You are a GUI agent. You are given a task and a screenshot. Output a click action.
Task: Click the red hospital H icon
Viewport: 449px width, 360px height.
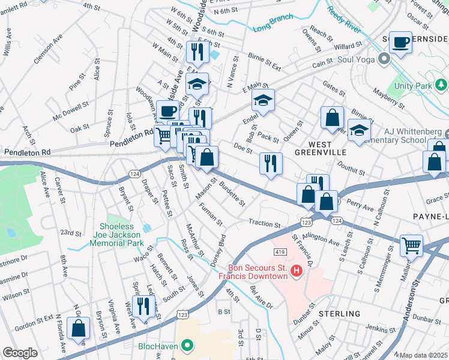[296, 272]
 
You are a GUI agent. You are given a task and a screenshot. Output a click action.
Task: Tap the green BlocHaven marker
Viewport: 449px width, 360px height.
[187, 346]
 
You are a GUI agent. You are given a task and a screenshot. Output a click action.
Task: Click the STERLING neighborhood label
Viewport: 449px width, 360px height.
[339, 314]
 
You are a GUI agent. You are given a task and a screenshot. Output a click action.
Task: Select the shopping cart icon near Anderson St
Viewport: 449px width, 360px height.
[411, 245]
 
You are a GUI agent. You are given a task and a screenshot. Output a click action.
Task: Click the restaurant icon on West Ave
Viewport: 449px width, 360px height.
[143, 306]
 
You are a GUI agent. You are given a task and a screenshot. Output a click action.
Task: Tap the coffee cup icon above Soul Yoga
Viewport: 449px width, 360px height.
[400, 42]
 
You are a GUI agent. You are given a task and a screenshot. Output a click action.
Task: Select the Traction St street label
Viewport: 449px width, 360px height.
[265, 224]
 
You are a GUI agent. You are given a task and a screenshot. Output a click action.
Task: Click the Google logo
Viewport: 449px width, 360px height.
[20, 353]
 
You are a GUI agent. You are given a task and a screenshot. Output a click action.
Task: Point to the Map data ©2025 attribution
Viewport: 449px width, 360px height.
[424, 355]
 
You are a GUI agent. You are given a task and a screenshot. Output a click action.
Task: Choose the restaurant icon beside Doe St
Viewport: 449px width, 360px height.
[271, 163]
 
